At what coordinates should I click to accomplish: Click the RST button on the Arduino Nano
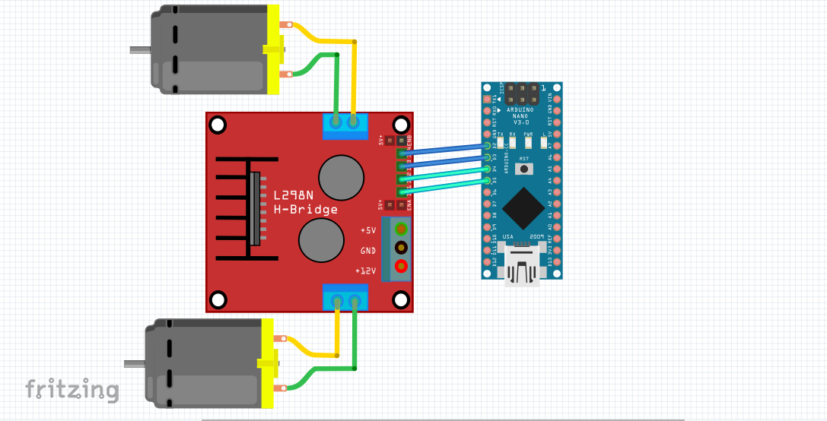524,168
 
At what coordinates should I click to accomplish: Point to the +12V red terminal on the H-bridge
400,266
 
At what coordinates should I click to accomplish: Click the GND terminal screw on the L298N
400,247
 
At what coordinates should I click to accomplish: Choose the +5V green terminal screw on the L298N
400,228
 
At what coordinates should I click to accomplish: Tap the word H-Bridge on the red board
305,210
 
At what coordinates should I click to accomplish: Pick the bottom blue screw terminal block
345,298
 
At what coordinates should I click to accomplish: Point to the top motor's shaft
140,51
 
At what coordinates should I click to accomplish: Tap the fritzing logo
72,390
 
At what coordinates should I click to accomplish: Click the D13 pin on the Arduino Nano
488,260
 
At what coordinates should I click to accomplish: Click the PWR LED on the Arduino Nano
530,141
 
